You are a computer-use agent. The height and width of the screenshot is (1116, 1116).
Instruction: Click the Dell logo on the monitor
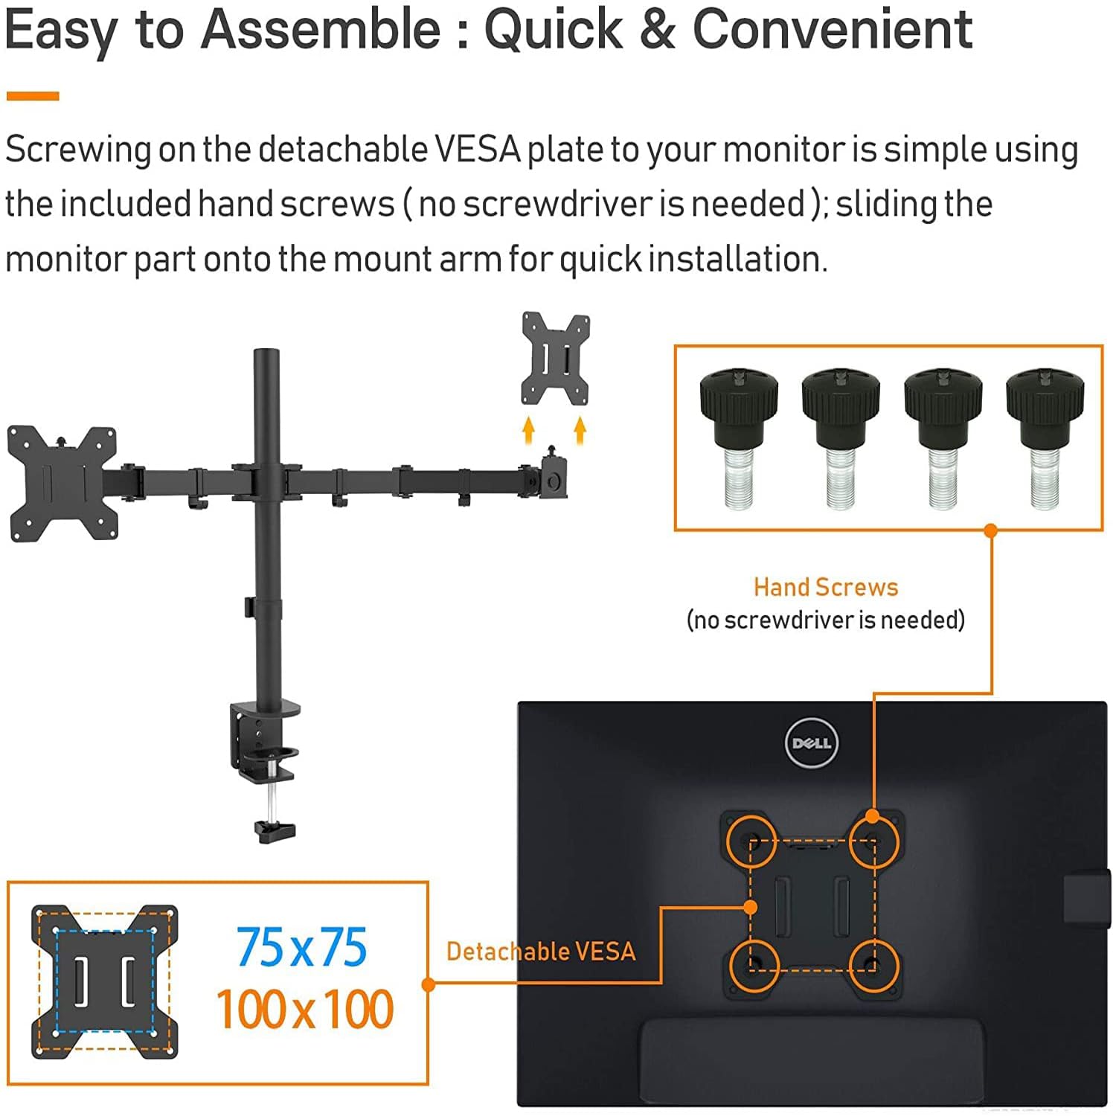click(812, 743)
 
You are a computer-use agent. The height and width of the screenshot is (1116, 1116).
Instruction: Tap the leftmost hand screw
click(739, 439)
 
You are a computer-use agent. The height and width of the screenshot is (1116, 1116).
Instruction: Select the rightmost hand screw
click(1045, 439)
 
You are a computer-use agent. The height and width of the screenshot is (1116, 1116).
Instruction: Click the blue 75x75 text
click(302, 947)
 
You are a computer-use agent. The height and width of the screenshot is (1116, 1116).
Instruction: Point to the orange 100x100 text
click(304, 1009)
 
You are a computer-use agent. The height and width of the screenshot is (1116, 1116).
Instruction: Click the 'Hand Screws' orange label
click(826, 587)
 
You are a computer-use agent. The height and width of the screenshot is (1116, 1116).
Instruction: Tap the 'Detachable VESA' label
click(541, 951)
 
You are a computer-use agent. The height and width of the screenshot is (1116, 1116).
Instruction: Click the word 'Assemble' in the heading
click(321, 30)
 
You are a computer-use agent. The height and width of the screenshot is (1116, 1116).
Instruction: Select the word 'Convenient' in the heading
click(833, 30)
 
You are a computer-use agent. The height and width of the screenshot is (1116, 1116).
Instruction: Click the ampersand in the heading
click(657, 30)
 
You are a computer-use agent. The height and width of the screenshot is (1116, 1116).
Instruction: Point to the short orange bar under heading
click(33, 96)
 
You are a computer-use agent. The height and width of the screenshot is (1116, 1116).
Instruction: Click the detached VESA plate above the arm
click(556, 359)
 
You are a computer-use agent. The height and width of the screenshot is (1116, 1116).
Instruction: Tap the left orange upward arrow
click(528, 430)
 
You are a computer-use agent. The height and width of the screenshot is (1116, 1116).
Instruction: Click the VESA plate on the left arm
click(63, 484)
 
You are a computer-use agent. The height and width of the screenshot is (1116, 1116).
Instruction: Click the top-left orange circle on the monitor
click(753, 842)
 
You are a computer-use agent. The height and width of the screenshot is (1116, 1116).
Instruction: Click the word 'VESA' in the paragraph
click(477, 150)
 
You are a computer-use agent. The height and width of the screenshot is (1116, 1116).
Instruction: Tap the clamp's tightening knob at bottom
click(275, 830)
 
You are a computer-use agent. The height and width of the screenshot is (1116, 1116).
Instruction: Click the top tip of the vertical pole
click(266, 350)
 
